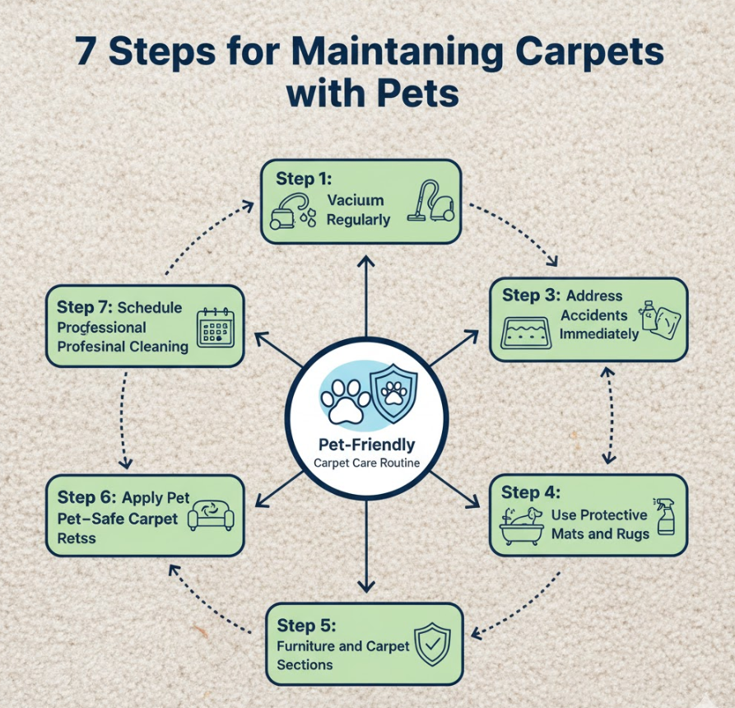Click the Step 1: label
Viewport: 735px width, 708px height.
304,179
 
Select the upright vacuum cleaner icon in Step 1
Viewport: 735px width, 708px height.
430,201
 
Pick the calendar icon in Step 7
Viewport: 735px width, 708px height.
215,328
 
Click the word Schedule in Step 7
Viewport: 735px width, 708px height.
150,308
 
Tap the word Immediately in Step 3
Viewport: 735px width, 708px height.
599,334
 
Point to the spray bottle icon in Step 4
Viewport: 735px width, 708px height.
666,517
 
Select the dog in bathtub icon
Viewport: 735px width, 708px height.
522,525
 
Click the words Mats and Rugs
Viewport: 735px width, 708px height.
600,534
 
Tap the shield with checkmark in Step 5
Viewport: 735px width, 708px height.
432,645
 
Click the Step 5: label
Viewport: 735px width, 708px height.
306,625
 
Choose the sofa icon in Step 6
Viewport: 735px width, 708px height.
211,515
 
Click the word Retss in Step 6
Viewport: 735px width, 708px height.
77,538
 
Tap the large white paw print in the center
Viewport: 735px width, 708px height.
346,401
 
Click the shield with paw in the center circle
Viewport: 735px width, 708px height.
393,394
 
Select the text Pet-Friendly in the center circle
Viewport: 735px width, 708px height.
366,445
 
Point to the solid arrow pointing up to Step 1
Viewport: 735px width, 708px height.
366,296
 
